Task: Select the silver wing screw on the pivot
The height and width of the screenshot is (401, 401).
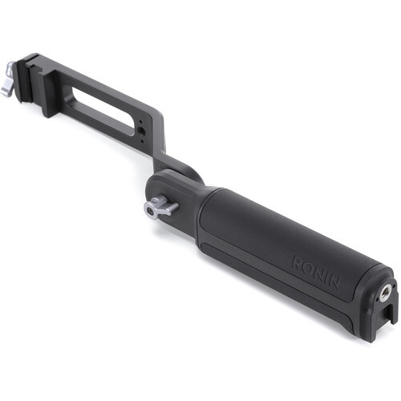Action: tap(160, 207)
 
